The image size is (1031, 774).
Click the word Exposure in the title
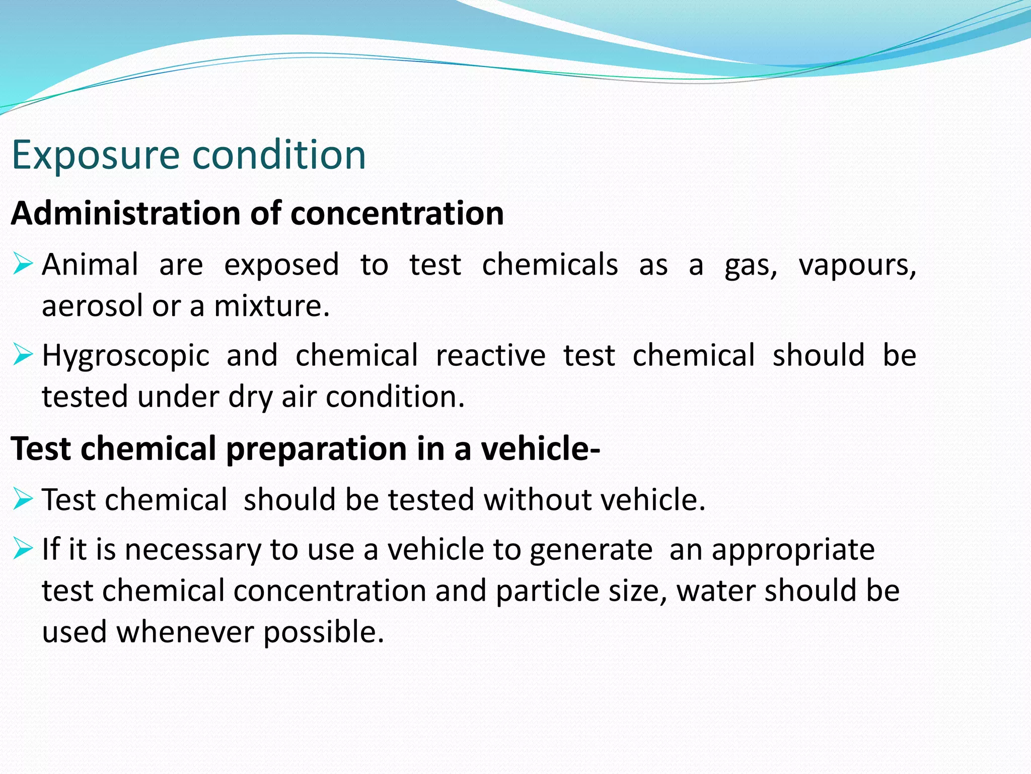point(96,155)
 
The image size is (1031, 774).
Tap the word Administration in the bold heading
point(126,213)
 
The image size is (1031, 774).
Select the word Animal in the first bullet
point(90,265)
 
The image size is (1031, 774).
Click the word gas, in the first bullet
point(751,266)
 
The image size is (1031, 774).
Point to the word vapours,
point(857,266)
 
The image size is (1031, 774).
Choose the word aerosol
point(93,306)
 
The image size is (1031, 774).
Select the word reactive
point(490,355)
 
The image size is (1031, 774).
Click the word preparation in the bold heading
point(317,448)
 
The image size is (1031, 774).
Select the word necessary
point(193,550)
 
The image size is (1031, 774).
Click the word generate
point(591,550)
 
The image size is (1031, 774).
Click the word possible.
point(324,632)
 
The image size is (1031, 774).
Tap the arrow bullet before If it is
point(23,548)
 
